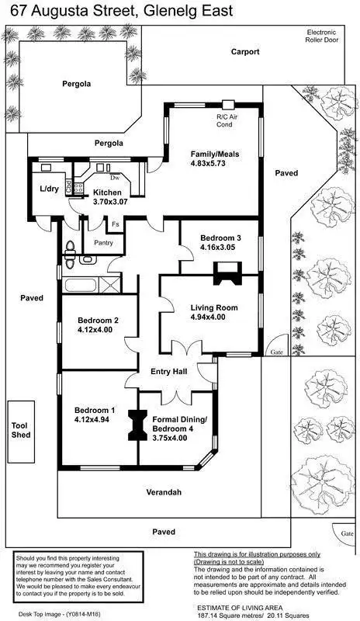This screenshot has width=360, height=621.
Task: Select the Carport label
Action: click(245, 52)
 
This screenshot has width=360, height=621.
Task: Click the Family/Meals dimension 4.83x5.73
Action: click(215, 165)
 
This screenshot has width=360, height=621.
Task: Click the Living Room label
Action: click(213, 307)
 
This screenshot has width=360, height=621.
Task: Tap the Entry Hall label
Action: click(169, 373)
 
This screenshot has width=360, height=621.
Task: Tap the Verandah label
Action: click(163, 493)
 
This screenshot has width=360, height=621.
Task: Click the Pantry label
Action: click(104, 242)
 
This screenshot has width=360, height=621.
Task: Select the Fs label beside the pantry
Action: click(115, 225)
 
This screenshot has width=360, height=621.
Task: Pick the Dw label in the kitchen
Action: click(113, 178)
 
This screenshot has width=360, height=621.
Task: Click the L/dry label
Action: click(50, 189)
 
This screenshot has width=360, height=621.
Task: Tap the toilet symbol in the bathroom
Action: click(71, 248)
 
